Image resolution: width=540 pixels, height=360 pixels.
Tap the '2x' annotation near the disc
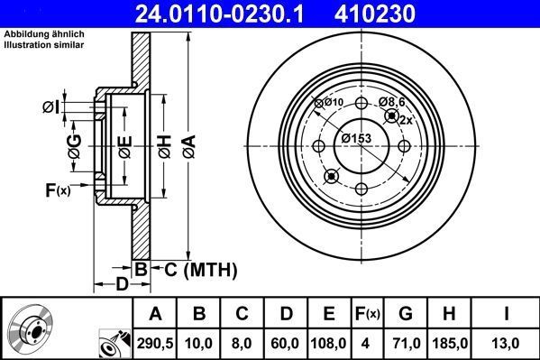coord(406,120)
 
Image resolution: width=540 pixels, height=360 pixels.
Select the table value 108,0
coord(329,342)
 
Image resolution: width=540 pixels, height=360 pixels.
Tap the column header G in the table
coord(406,314)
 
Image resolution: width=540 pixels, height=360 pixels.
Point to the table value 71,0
coord(406,342)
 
